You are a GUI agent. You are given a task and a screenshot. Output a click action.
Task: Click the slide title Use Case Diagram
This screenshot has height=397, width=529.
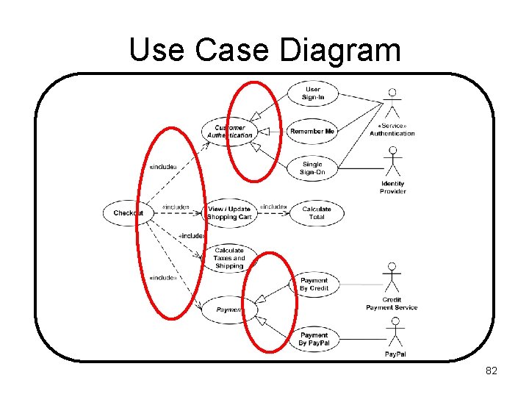click(264, 50)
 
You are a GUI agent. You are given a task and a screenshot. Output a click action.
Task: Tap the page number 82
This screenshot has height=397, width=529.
click(492, 371)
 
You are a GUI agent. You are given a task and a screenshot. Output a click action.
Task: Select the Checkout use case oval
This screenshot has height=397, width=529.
click(129, 213)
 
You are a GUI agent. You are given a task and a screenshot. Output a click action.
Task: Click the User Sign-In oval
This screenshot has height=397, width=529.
click(313, 93)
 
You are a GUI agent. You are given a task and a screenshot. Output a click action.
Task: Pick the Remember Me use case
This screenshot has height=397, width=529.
click(312, 132)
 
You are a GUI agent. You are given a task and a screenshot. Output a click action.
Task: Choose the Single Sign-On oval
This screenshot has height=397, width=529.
click(312, 168)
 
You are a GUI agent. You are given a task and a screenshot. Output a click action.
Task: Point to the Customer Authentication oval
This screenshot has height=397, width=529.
click(230, 132)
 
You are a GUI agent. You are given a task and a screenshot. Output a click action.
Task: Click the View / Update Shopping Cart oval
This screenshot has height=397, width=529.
click(229, 213)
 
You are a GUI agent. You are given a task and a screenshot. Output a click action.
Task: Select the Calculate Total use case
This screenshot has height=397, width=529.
click(317, 213)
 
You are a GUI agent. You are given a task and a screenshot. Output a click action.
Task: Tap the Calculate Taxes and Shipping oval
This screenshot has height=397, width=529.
click(229, 258)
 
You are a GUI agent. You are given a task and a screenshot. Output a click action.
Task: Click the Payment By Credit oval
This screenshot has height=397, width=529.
click(314, 285)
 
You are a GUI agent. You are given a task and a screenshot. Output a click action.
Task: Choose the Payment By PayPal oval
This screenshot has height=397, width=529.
click(314, 340)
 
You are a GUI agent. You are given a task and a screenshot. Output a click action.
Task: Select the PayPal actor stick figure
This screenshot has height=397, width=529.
click(395, 333)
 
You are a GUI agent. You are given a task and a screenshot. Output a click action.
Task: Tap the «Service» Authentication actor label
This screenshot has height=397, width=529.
click(392, 129)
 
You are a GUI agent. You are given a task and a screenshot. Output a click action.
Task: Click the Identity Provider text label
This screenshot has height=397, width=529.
click(393, 187)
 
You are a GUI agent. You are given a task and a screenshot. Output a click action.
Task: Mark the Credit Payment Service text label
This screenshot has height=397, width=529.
click(392, 304)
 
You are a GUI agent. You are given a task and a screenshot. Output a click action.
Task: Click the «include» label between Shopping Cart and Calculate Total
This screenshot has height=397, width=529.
click(273, 207)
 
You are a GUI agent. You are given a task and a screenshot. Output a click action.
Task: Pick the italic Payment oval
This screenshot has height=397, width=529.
click(229, 310)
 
